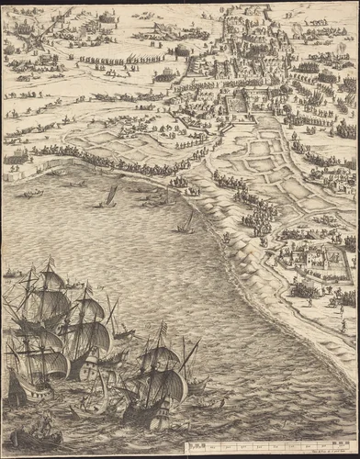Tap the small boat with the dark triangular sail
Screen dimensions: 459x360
click(110, 196)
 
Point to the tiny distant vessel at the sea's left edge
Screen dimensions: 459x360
click(10, 273)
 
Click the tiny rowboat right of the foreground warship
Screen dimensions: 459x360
click(217, 402)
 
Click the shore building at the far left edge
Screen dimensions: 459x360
click(14, 158)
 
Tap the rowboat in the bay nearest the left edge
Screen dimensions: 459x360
click(32, 194)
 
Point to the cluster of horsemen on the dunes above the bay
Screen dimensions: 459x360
click(257, 216)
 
